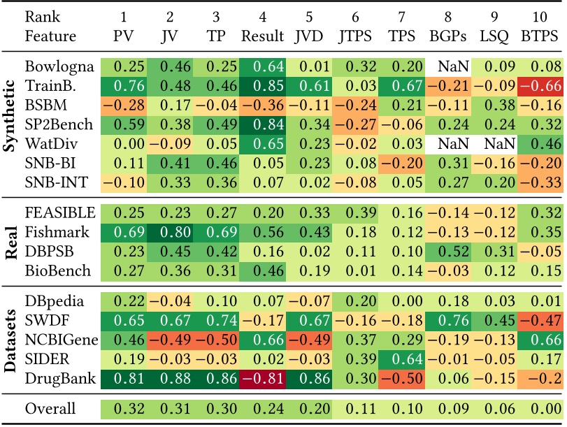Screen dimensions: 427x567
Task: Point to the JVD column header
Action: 309,35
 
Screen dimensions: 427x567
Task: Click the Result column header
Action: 263,35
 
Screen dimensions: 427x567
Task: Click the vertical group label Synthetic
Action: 12,124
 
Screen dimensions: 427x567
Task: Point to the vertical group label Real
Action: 12,240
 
